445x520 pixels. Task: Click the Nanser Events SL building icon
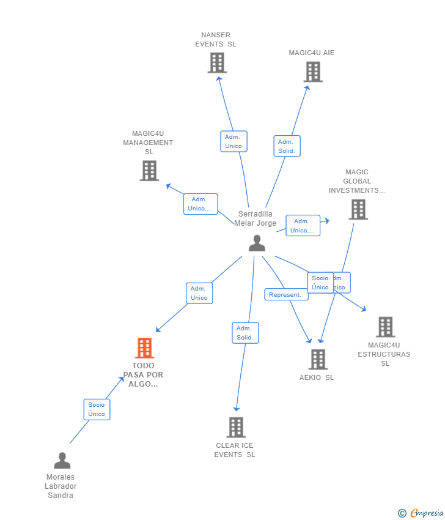[217, 62]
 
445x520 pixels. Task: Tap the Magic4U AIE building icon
[313, 72]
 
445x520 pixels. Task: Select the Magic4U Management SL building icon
[149, 171]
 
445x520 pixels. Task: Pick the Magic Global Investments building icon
[358, 209]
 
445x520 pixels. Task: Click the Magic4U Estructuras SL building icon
[385, 327]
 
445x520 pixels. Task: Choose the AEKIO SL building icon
[318, 359]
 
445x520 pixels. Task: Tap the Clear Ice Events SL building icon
[236, 427]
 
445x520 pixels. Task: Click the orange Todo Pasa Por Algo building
[144, 347]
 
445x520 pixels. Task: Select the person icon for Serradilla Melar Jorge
[257, 243]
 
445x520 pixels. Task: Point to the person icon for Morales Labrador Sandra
[62, 460]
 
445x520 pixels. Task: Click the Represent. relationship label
[285, 294]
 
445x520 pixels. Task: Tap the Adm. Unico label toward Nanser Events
[234, 141]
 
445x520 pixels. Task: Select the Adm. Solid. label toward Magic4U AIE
[287, 146]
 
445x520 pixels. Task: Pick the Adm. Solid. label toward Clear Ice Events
[245, 333]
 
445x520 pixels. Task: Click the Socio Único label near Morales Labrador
[97, 409]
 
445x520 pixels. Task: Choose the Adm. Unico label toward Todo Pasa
[199, 293]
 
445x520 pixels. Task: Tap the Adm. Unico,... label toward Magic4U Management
[200, 204]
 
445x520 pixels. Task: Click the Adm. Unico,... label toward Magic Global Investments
[303, 226]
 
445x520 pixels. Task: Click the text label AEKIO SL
[317, 377]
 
